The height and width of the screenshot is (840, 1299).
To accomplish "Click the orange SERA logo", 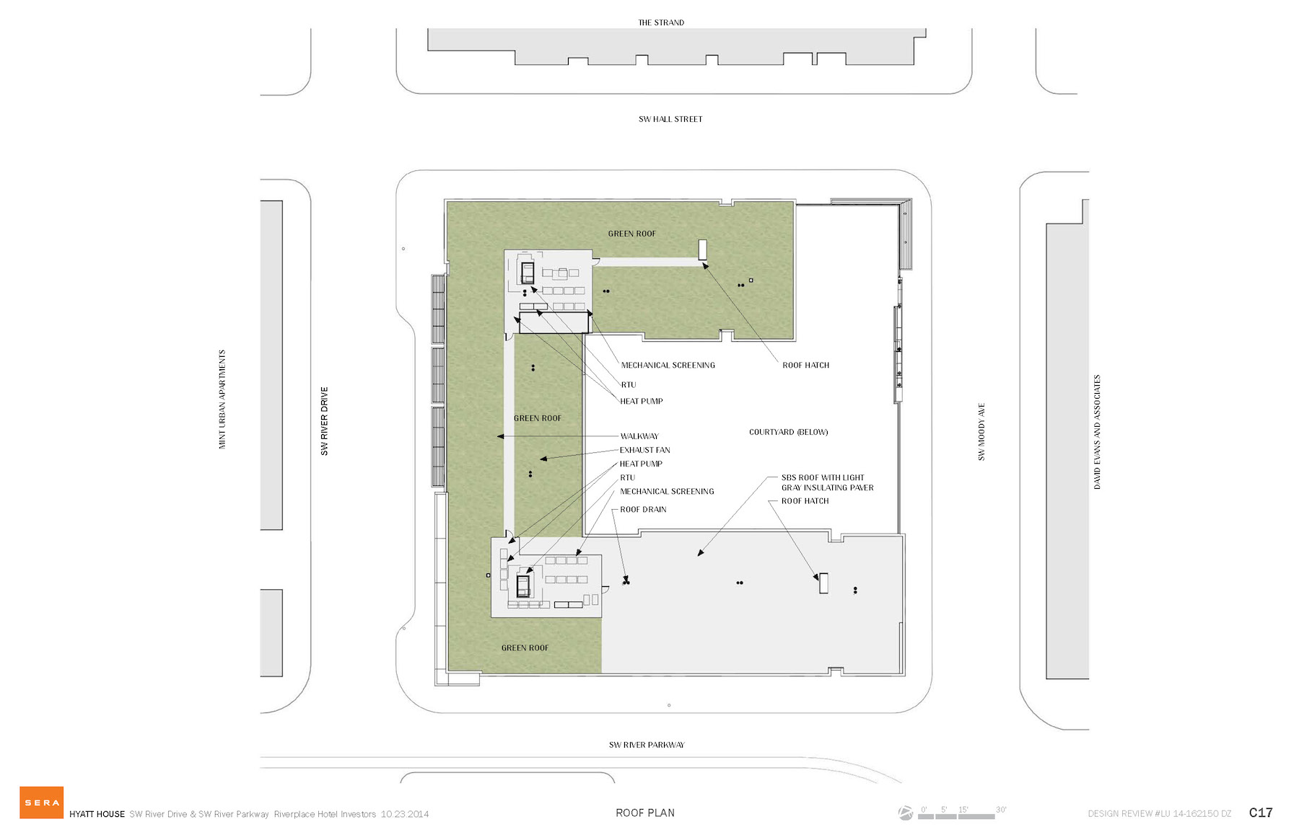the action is pyautogui.click(x=41, y=802).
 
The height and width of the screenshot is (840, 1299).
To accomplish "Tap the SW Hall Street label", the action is pyautogui.click(x=670, y=119).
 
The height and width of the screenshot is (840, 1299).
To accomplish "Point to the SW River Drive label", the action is pyautogui.click(x=324, y=421).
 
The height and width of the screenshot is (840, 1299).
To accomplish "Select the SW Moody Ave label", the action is pyautogui.click(x=981, y=432).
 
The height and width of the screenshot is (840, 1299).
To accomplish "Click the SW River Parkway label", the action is pyautogui.click(x=647, y=745).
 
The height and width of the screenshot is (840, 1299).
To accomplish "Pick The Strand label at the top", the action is pyautogui.click(x=661, y=22).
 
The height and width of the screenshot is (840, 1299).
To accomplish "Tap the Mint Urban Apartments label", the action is pyautogui.click(x=222, y=399).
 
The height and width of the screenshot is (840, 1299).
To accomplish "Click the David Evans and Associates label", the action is pyautogui.click(x=1097, y=432).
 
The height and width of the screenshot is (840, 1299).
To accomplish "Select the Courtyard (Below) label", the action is pyautogui.click(x=788, y=432).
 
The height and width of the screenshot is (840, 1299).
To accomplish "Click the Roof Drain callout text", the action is pyautogui.click(x=643, y=509).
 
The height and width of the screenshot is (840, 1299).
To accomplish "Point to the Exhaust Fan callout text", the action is pyautogui.click(x=644, y=450).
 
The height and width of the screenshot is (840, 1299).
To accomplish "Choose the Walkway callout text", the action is pyautogui.click(x=639, y=436).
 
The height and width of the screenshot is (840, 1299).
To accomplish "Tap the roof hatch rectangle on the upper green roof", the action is pyautogui.click(x=702, y=249).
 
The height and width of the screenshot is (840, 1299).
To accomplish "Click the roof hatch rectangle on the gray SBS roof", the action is pyautogui.click(x=823, y=583).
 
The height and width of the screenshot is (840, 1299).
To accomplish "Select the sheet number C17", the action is pyautogui.click(x=1261, y=813).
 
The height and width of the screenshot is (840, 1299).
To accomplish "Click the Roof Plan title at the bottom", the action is pyautogui.click(x=645, y=813).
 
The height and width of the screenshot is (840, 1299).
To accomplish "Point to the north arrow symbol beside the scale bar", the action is pyautogui.click(x=906, y=813).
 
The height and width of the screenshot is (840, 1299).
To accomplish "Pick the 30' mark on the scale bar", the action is pyautogui.click(x=1001, y=810).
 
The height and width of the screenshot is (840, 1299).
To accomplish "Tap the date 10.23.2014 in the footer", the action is pyautogui.click(x=405, y=814).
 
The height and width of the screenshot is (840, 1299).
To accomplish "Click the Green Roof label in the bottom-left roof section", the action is pyautogui.click(x=525, y=647).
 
